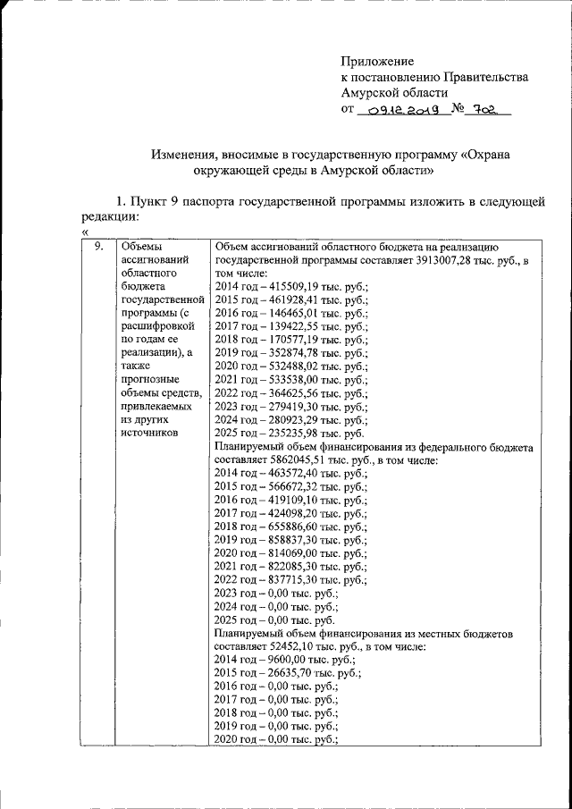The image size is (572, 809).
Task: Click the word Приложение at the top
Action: point(377,61)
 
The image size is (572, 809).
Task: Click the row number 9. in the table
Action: point(100,247)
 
